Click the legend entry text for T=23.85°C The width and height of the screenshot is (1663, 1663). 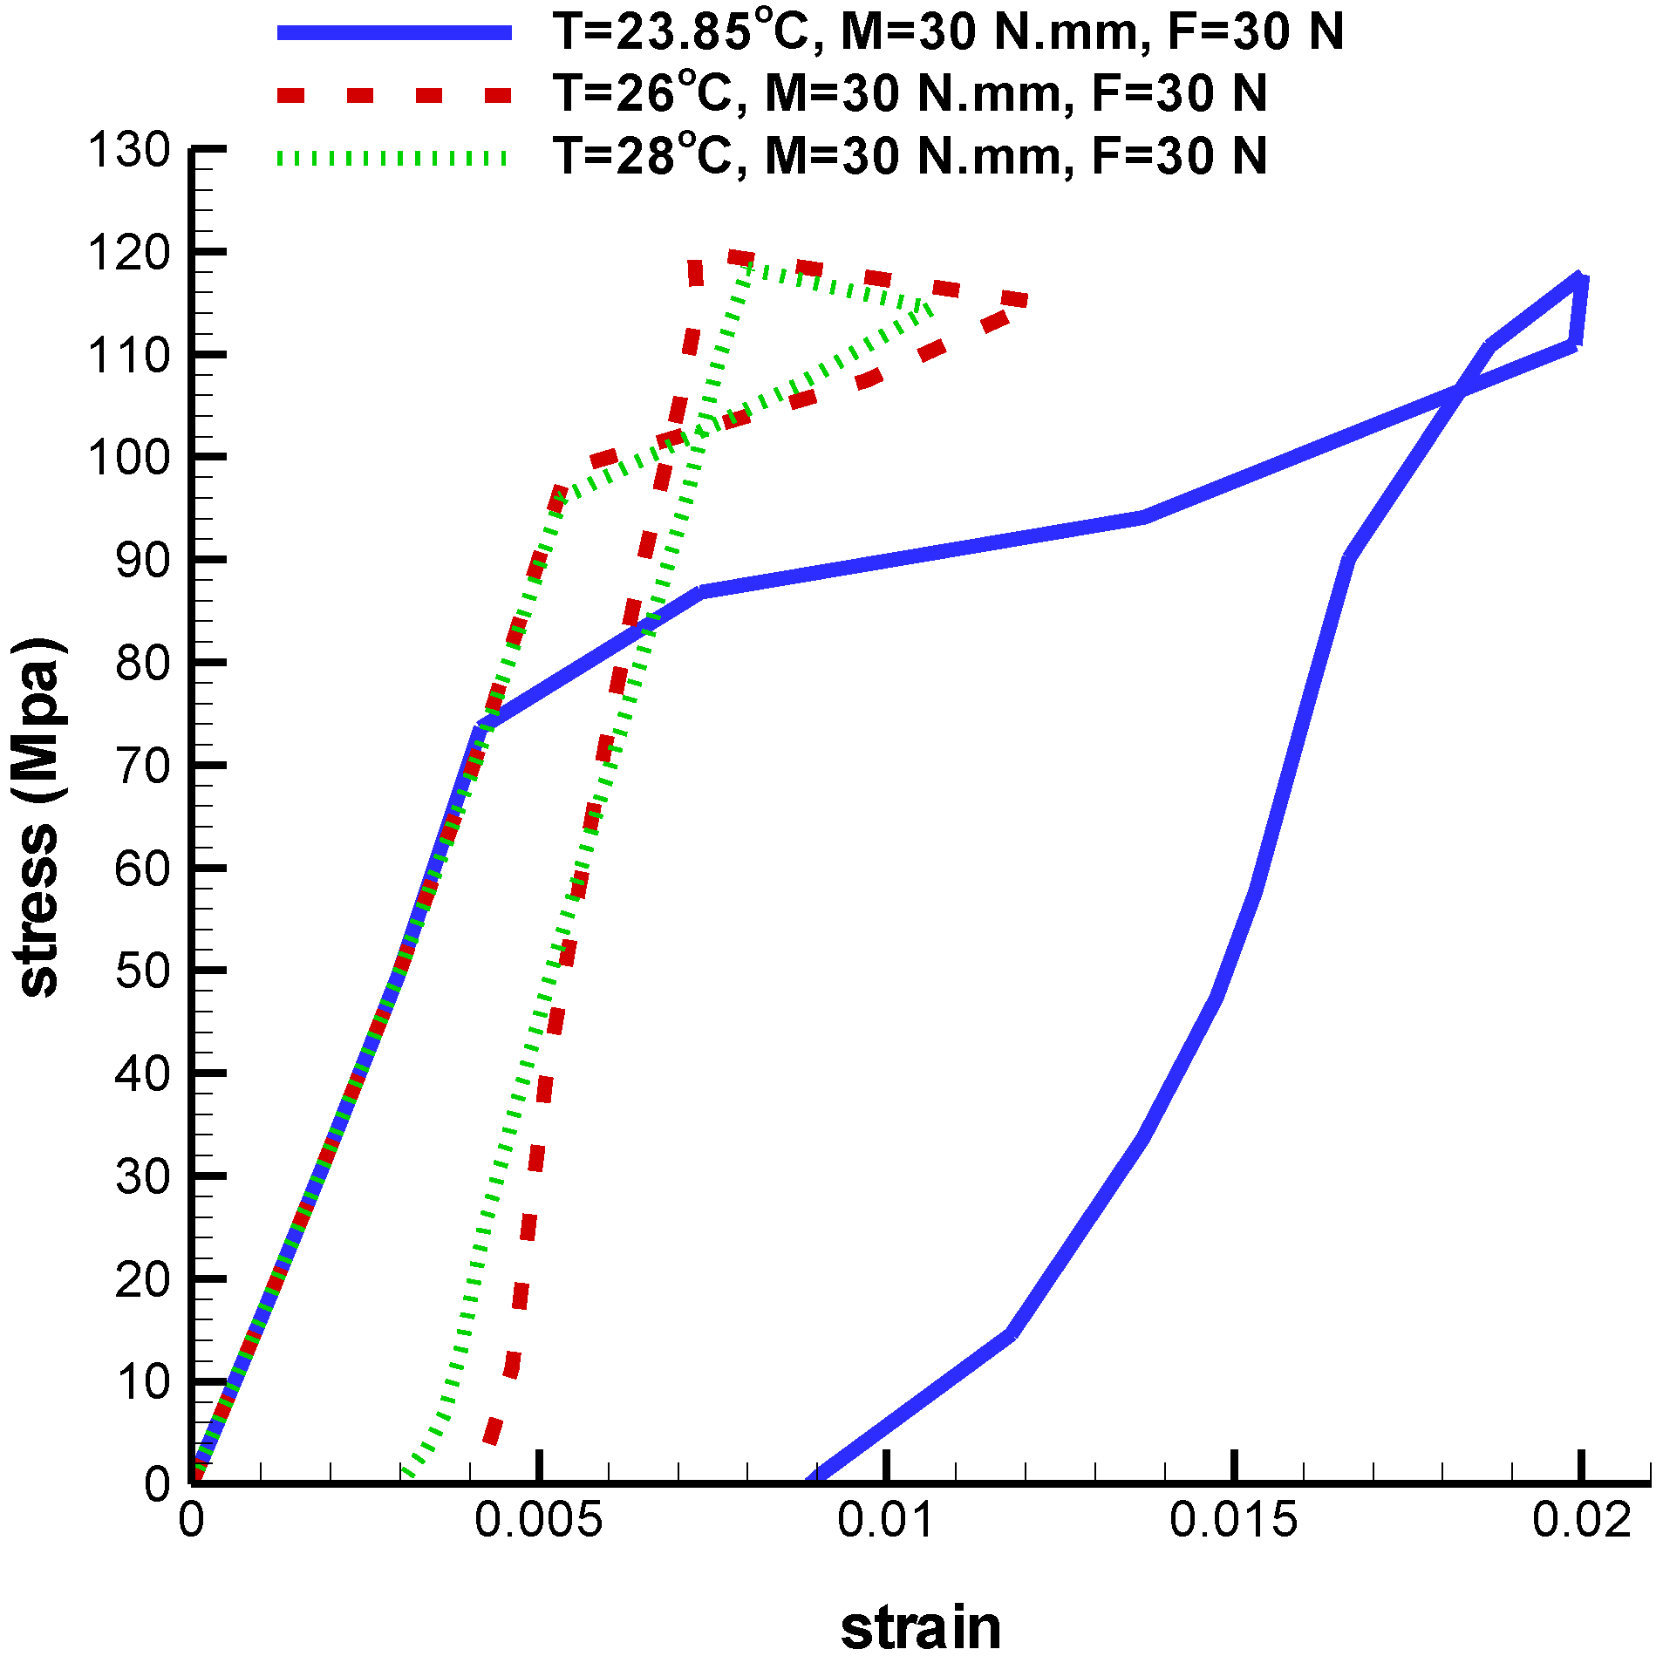click(948, 32)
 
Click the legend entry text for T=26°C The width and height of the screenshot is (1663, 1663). click(910, 93)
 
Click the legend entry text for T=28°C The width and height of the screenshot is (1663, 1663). click(910, 156)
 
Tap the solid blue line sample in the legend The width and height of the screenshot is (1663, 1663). click(394, 32)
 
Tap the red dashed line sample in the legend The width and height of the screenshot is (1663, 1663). click(394, 95)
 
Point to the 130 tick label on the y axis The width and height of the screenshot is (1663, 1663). click(129, 150)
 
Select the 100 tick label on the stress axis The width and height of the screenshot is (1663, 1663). click(129, 457)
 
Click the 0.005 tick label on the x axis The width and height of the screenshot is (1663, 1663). click(538, 1520)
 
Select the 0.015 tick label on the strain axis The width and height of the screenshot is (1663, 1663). click(1233, 1520)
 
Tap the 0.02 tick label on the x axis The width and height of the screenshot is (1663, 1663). click(1580, 1520)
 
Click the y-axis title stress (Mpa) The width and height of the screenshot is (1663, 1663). click(38, 817)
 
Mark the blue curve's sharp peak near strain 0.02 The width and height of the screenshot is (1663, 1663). click(1579, 278)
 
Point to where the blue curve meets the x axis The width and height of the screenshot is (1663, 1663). click(812, 1481)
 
